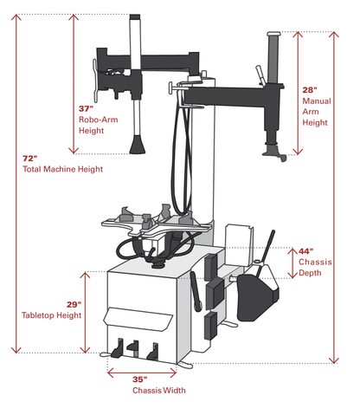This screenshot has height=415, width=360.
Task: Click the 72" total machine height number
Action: coord(30,159)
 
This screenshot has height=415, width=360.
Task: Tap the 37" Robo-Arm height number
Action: coord(86,108)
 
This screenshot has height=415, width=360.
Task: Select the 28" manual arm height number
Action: coord(310,89)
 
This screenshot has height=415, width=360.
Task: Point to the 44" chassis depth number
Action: coord(306,250)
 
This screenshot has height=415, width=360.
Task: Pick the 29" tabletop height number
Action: coord(74,304)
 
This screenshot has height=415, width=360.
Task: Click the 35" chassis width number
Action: coord(140,379)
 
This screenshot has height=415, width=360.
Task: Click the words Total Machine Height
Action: coord(62,170)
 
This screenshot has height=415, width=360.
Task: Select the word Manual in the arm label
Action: coord(316,101)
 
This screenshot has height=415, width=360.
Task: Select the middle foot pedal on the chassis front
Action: coord(132,346)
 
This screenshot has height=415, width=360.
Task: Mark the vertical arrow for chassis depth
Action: coord(292,263)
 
